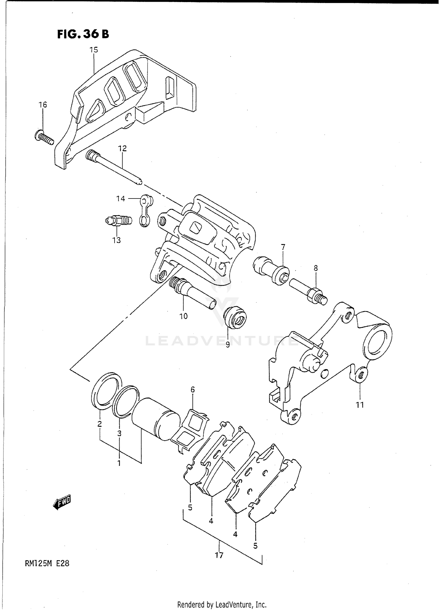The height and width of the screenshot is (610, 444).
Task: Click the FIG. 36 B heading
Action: coord(83,34)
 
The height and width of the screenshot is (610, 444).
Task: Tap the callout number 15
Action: coord(94,50)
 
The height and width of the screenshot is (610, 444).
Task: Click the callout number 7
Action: coord(283,247)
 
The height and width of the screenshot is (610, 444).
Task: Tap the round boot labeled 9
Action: coord(236,318)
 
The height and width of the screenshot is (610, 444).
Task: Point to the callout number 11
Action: coord(360,405)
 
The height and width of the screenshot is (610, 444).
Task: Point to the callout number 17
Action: coord(219,555)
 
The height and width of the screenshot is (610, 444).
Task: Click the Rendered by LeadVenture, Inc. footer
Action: coord(222,604)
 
